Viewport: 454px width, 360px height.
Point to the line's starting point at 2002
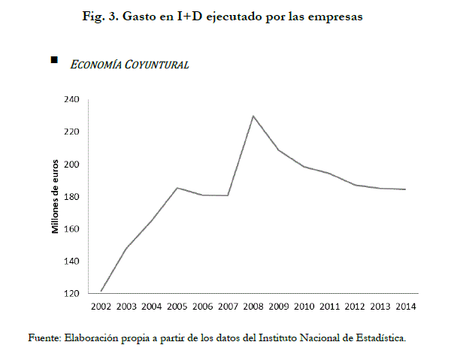point(101,291)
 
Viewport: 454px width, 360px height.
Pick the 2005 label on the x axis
point(177,307)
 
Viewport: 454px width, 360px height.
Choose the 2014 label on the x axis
point(406,307)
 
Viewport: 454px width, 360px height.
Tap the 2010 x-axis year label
point(304,307)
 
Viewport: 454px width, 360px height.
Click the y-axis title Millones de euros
point(55,196)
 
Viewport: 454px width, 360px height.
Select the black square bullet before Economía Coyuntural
point(53,59)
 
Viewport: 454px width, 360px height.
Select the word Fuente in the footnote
point(44,337)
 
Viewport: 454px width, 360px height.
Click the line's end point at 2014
point(406,189)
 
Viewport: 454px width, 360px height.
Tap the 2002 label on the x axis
point(101,307)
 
